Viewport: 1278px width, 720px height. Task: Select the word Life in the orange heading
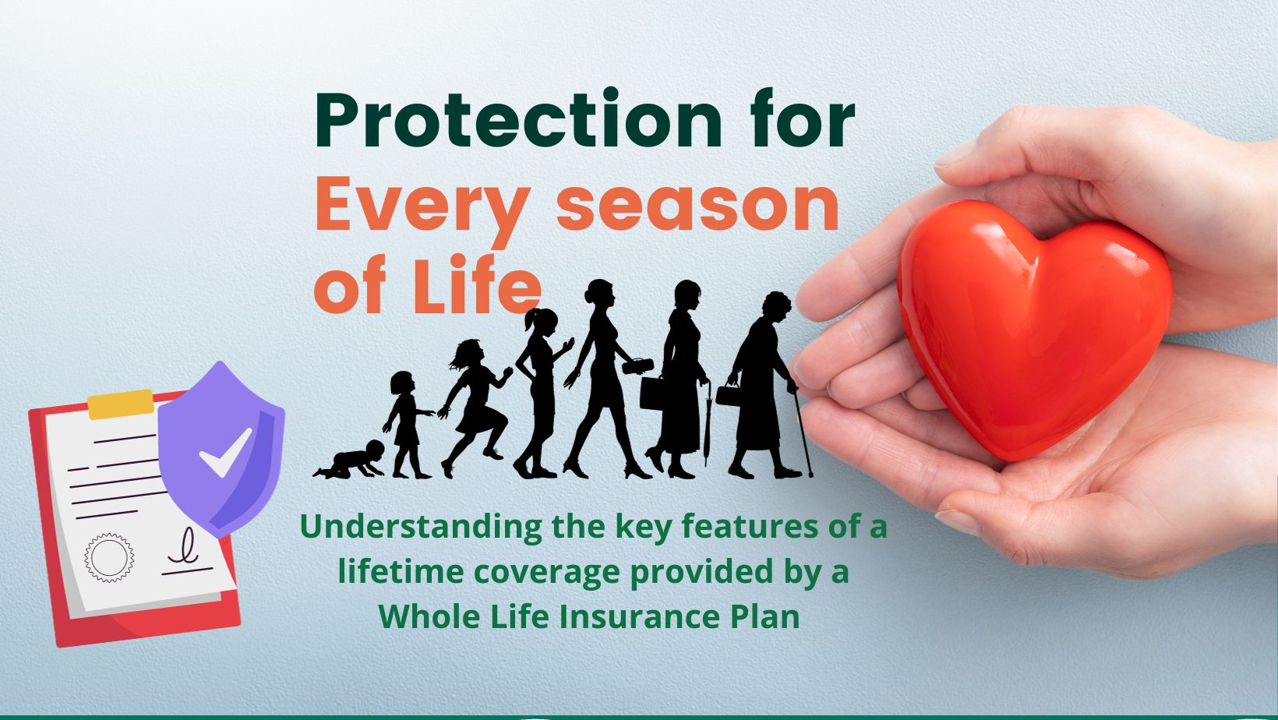(x=476, y=284)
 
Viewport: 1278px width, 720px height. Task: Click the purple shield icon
(x=221, y=449)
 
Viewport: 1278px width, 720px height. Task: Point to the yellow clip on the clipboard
(x=120, y=404)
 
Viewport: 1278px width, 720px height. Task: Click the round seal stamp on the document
(x=108, y=557)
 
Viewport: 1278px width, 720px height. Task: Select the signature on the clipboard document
(x=186, y=552)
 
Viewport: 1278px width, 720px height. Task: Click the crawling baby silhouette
(x=350, y=459)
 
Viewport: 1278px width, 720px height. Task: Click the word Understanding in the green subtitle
(x=421, y=528)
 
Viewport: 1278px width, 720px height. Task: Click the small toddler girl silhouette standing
(x=406, y=425)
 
